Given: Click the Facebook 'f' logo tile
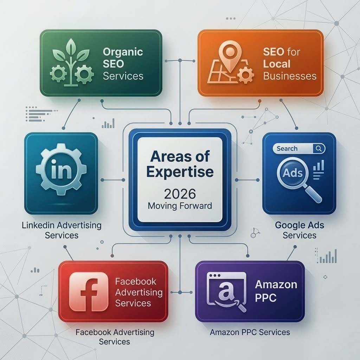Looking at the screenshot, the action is pos(89,291).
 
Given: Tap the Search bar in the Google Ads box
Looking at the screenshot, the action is pos(299,149).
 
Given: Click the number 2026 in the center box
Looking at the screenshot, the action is pos(180,194).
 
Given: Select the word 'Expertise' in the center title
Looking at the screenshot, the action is pos(180,172).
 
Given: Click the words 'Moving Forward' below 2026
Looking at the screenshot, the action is pos(180,206).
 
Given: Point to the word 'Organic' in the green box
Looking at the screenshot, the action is pos(123,52).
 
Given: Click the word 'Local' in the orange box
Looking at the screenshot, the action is pos(277,64).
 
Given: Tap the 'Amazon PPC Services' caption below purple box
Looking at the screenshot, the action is pos(250,332).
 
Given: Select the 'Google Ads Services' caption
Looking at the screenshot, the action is pos(300,230).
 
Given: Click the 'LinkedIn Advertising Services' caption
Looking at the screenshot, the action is pos(62,230).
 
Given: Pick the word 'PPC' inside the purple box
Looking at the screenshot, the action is pos(266,298).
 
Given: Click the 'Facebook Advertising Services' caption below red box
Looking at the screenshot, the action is pos(115,337).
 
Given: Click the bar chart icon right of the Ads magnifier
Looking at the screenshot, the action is pos(319,170).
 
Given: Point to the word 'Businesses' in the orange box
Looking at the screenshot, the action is pos(290,76).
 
